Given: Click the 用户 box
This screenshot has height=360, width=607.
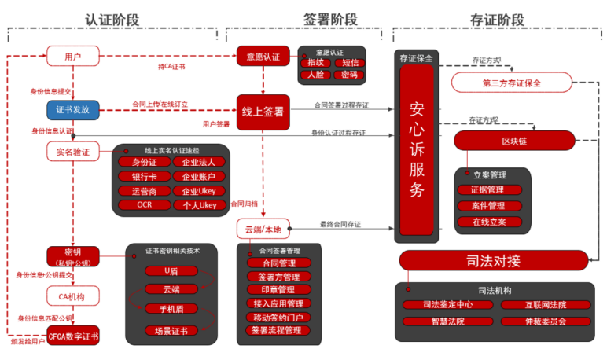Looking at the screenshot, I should point(73,56).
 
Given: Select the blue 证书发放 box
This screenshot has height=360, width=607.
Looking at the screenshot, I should point(73,109).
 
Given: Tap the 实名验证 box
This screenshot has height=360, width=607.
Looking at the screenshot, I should point(73,151).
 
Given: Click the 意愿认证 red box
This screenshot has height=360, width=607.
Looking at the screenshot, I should point(263,57).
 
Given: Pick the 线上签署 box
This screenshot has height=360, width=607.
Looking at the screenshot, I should point(263,111).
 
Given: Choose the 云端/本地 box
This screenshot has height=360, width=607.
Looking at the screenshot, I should point(263,229).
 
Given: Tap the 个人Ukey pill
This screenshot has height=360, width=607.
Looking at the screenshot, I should point(199,205).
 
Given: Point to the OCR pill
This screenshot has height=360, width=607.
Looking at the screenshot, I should point(145,205).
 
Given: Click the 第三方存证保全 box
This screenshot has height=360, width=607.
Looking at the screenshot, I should point(512,83).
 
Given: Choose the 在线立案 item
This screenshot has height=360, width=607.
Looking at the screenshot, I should point(490,222).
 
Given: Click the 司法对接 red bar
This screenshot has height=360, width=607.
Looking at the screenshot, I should point(493,260).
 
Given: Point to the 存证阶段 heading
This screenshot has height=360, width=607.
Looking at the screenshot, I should point(496,20).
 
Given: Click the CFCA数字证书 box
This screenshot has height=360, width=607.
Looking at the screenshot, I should point(73,336).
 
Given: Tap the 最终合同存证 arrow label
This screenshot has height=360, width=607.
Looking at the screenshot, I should point(340,225).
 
